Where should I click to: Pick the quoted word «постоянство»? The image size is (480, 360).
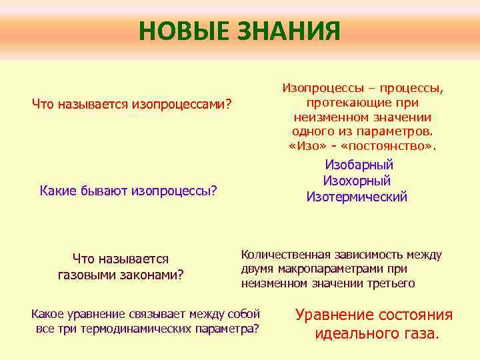click(x=392, y=146)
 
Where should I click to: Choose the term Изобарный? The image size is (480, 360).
click(x=359, y=165)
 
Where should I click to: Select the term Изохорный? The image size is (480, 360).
click(x=357, y=181)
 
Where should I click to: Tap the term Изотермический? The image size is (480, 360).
click(x=357, y=197)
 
